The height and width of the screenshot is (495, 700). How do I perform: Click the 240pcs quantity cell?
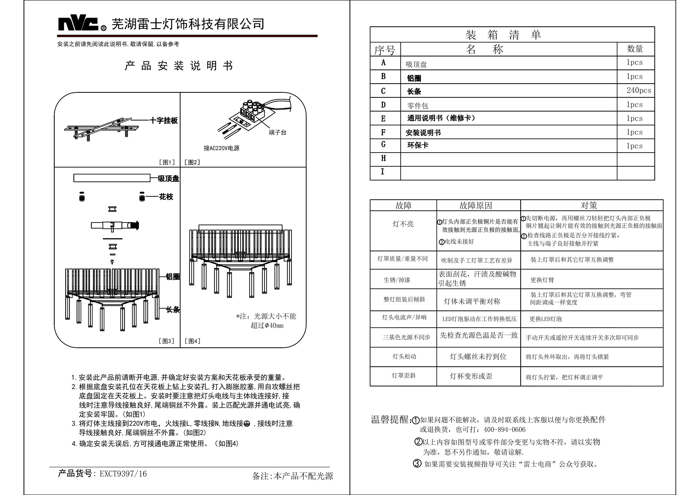pyautogui.click(x=638, y=90)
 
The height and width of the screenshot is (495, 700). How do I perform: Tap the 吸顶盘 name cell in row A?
pyautogui.click(x=416, y=64)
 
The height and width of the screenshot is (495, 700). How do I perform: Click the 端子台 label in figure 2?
pyautogui.click(x=277, y=132)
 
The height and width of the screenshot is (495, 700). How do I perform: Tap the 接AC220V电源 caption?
pyautogui.click(x=222, y=148)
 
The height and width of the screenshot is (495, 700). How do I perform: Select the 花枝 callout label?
pyautogui.click(x=166, y=197)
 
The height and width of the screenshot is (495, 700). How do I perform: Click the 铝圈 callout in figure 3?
pyautogui.click(x=173, y=277)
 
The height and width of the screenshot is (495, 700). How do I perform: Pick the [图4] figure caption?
pyautogui.click(x=192, y=341)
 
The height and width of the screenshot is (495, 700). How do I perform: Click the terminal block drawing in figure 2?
pyautogui.click(x=253, y=110)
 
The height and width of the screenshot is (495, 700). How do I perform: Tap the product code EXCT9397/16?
pyautogui.click(x=123, y=474)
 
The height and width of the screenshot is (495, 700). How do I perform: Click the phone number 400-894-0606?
pyautogui.click(x=505, y=429)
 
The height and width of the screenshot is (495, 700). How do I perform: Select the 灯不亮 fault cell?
pyautogui.click(x=403, y=224)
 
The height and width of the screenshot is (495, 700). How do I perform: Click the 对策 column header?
pyautogui.click(x=589, y=205)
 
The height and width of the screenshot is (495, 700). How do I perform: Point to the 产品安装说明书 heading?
pyautogui.click(x=179, y=66)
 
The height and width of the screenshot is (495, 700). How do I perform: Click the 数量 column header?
pyautogui.click(x=635, y=49)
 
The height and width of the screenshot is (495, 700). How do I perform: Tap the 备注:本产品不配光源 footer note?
pyautogui.click(x=292, y=476)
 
